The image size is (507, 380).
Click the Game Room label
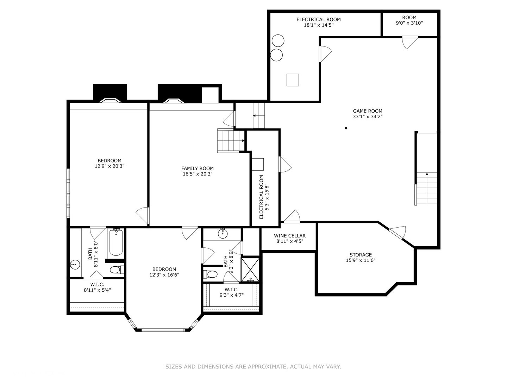point(368,111)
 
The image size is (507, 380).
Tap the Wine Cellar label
point(290,236)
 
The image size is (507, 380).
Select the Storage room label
point(361,255)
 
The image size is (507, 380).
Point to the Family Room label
point(198,169)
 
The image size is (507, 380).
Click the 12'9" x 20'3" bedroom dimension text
point(109,166)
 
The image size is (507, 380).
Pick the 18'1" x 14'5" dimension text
point(319,25)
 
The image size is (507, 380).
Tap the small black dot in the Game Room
point(346,128)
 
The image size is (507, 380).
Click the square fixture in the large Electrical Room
point(293,80)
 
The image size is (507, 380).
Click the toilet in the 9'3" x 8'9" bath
point(210,274)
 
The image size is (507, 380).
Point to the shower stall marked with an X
point(250,270)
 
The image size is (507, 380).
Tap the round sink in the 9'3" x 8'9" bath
point(223,234)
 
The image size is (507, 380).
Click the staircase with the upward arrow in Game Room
point(426,188)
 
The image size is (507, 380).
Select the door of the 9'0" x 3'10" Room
point(410,43)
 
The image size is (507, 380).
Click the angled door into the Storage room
point(398,232)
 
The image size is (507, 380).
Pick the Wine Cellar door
point(292,216)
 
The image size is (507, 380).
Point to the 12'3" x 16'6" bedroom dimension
point(164,275)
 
